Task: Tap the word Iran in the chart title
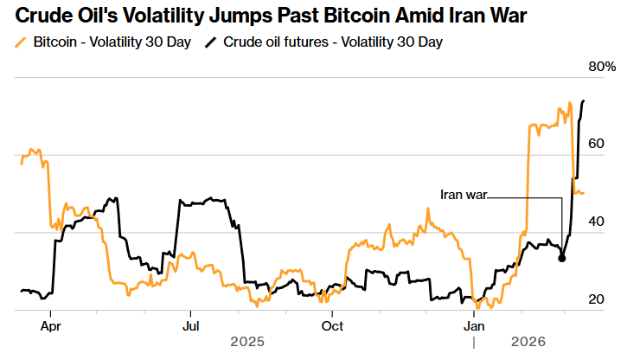[483, 15]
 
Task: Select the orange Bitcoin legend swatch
[20, 42]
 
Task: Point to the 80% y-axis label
[602, 67]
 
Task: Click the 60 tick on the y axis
[597, 144]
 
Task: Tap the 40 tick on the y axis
[597, 222]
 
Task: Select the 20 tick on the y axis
[597, 299]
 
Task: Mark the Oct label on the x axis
[332, 326]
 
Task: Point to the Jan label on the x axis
[474, 326]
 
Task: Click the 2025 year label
[247, 343]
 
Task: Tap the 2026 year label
[528, 343]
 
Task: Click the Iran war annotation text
[464, 195]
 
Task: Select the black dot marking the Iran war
[562, 258]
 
